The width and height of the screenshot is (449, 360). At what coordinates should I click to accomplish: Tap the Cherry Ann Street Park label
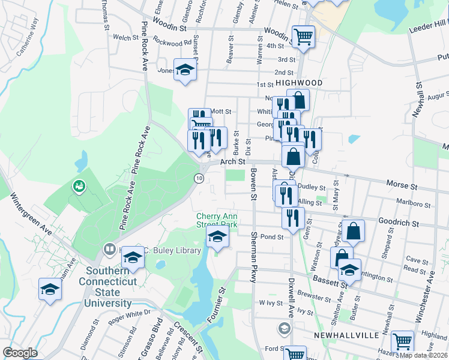[217, 220]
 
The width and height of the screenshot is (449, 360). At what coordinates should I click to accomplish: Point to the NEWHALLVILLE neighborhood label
[343, 333]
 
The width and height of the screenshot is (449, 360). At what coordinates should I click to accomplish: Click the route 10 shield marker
[199, 178]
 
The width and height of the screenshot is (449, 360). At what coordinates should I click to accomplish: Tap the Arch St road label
[233, 161]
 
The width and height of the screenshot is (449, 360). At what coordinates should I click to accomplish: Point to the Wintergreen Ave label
[31, 215]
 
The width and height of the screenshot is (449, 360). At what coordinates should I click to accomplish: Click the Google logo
[20, 353]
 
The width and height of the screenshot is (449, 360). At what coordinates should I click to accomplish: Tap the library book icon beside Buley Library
[109, 248]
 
